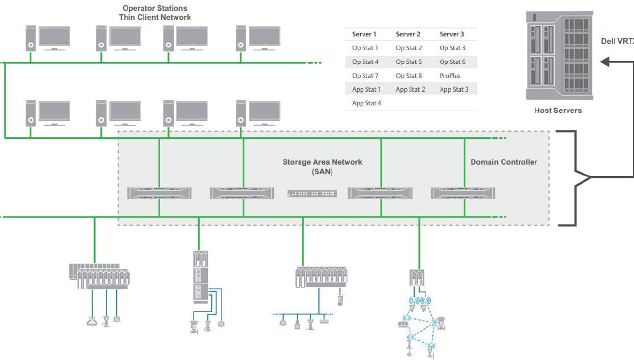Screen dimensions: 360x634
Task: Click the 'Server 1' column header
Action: click(364, 34)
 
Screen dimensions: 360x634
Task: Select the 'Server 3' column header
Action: click(452, 34)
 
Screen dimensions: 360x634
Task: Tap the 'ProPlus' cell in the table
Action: click(450, 76)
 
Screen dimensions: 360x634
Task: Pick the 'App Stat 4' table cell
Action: click(366, 103)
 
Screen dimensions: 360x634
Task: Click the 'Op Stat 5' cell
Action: click(408, 62)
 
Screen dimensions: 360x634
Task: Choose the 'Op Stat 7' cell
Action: click(365, 76)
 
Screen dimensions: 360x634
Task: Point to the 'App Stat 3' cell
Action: click(454, 89)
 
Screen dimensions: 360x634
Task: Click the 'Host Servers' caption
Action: click(558, 110)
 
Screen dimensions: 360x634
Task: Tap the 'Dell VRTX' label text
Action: click(617, 41)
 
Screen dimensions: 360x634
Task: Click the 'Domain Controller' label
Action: click(504, 162)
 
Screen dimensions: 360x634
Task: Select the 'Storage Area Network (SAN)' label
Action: click(322, 166)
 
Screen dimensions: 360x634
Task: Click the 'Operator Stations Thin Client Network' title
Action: click(155, 13)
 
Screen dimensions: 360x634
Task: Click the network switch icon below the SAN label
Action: click(312, 194)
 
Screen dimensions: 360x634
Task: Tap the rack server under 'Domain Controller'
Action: click(463, 193)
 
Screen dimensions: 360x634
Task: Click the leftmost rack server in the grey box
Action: click(159, 193)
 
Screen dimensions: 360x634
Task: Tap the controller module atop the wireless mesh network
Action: click(418, 277)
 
